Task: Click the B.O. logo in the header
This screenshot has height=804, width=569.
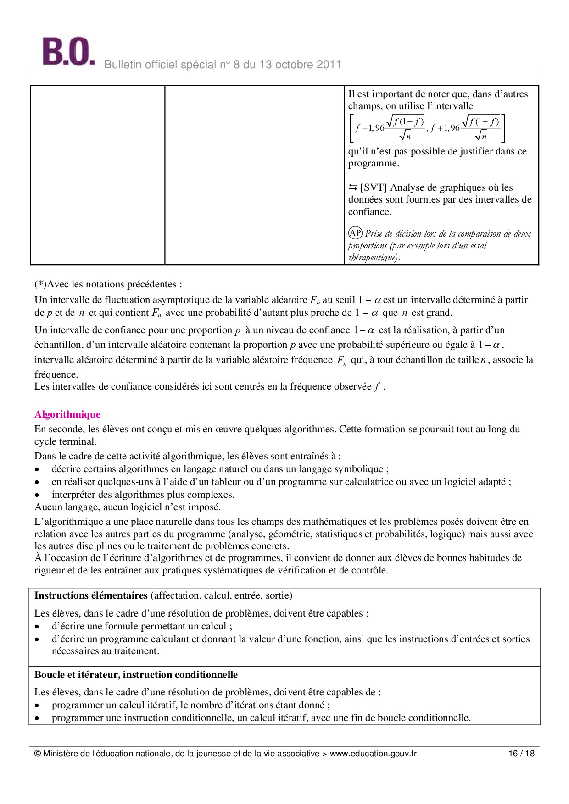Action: pyautogui.click(x=68, y=51)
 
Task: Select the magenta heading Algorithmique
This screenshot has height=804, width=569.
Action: pyautogui.click(x=67, y=414)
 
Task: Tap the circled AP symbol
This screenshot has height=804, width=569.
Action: pyautogui.click(x=355, y=233)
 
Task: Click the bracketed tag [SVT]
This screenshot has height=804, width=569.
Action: pyautogui.click(x=374, y=187)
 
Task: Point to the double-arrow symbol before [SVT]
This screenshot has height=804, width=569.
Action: pyautogui.click(x=352, y=187)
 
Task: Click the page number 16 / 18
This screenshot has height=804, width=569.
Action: pyautogui.click(x=521, y=754)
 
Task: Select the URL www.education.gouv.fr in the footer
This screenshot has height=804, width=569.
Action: pyautogui.click(x=373, y=754)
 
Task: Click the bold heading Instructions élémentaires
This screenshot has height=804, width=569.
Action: pyautogui.click(x=91, y=595)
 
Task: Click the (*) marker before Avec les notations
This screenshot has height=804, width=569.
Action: pyautogui.click(x=40, y=284)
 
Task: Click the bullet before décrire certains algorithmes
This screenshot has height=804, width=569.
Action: pyautogui.click(x=37, y=469)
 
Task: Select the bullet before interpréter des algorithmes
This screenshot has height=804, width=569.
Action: pyautogui.click(x=37, y=495)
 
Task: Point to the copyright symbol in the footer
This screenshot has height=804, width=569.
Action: pyautogui.click(x=38, y=754)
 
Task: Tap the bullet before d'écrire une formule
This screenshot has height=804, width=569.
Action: pyautogui.click(x=37, y=627)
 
